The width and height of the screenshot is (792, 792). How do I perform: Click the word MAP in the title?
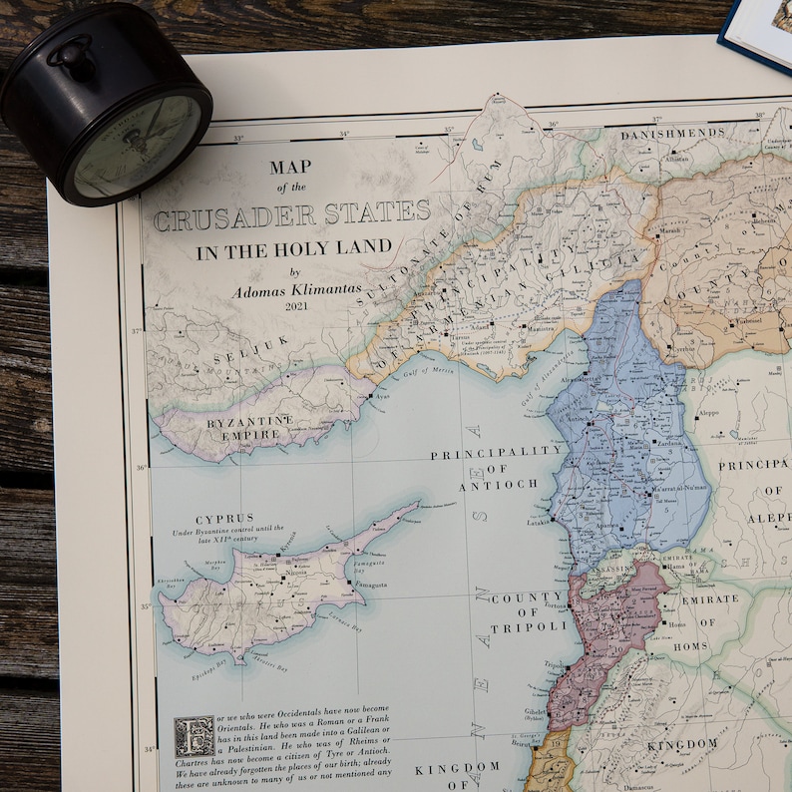click(x=290, y=167)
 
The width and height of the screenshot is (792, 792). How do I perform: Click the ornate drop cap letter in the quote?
click(x=194, y=736)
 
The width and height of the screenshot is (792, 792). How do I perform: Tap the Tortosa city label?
click(x=555, y=604)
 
